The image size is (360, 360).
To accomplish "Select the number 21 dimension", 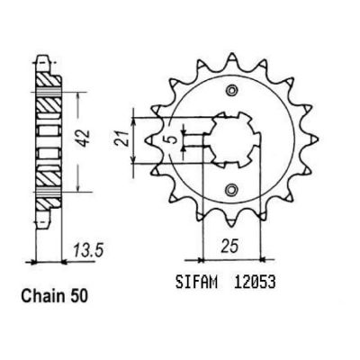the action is click(122, 139).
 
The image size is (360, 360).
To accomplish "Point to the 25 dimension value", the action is click(230, 246).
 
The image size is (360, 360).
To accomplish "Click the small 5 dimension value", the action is click(171, 140).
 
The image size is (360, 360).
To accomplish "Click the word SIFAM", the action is click(196, 283).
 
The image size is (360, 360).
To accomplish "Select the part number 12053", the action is click(253, 283).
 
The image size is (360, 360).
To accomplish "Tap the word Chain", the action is click(43, 296).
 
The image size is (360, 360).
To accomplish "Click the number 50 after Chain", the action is click(78, 296).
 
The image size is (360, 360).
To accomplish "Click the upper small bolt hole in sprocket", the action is click(231, 90).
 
